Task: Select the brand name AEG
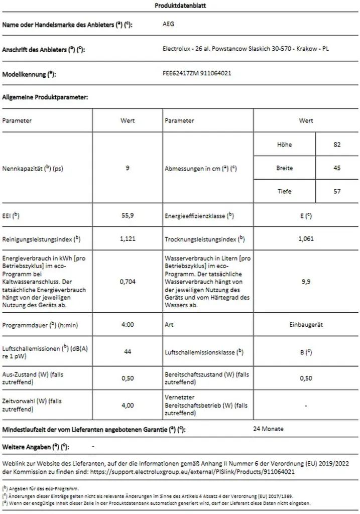pyautogui.click(x=169, y=24)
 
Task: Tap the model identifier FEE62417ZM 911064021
pyautogui.click(x=197, y=73)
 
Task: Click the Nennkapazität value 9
pyautogui.click(x=128, y=168)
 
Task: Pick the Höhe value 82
pyautogui.click(x=336, y=145)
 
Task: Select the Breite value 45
pyautogui.click(x=336, y=168)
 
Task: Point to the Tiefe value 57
pyautogui.click(x=336, y=191)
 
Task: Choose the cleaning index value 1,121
pyautogui.click(x=128, y=238)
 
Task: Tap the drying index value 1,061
pyautogui.click(x=306, y=238)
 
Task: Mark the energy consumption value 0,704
pyautogui.click(x=128, y=282)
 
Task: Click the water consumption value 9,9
pyautogui.click(x=306, y=282)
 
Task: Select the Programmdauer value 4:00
pyautogui.click(x=128, y=325)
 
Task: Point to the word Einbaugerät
pyautogui.click(x=306, y=325)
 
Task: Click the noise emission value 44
pyautogui.click(x=128, y=352)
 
